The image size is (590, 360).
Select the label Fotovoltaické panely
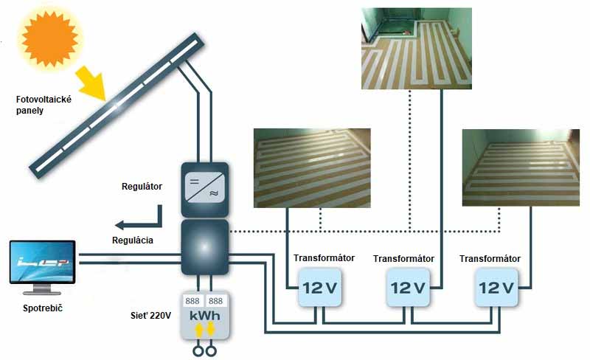44,105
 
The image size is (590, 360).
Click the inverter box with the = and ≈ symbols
205,189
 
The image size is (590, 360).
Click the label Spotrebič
43,306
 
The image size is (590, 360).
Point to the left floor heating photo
312,167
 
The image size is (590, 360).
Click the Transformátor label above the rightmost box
490,259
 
